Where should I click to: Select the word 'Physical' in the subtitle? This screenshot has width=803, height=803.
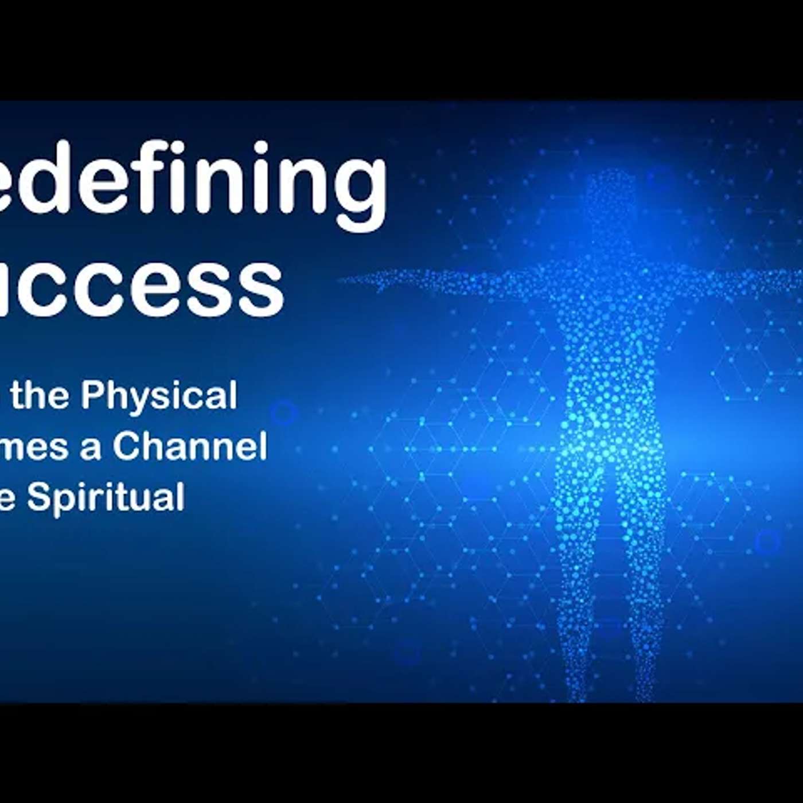click(159, 395)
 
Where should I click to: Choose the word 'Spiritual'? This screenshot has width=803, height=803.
click(106, 496)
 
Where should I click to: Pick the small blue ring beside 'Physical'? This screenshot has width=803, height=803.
click(283, 412)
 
